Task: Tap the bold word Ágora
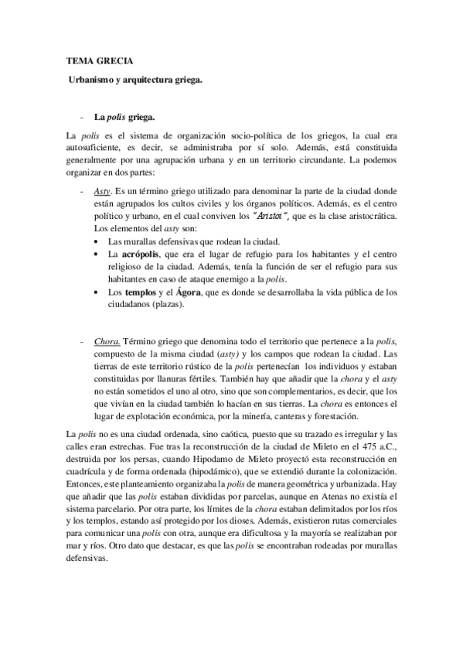[190, 292]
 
